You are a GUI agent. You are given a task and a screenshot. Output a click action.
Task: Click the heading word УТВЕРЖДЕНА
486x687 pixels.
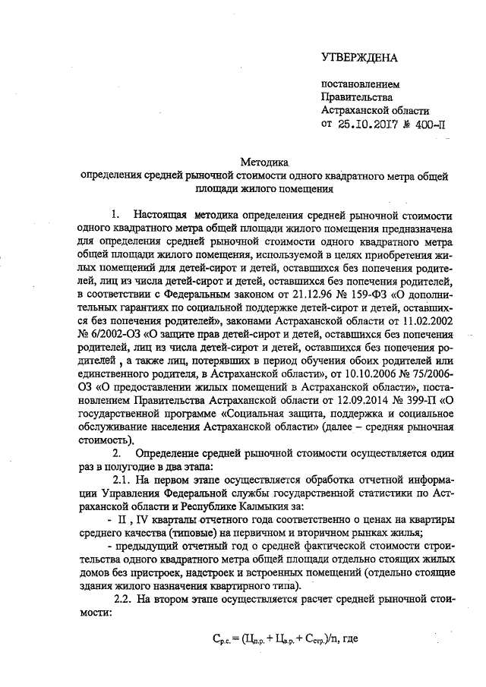(359, 57)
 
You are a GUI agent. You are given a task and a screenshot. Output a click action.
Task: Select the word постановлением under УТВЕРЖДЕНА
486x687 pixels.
(360, 84)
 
